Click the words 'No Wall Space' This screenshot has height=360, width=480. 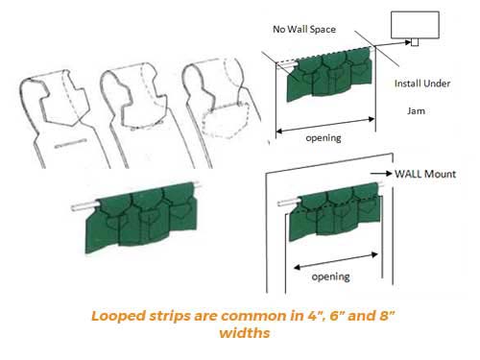(304, 29)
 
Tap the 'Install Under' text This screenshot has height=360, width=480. (422, 84)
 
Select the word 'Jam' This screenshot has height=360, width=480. (416, 111)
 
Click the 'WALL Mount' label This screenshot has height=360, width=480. (425, 174)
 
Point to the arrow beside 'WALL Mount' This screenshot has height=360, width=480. (381, 174)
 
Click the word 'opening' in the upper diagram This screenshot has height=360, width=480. (324, 138)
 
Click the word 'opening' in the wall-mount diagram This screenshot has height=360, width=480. (330, 276)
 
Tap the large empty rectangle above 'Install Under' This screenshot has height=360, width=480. (415, 25)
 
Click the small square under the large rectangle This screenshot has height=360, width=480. (415, 42)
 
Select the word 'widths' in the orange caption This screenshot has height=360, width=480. (245, 333)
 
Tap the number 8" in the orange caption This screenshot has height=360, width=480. (388, 315)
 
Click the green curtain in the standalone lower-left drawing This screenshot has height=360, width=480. (141, 217)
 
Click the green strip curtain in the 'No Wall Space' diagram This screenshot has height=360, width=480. (329, 74)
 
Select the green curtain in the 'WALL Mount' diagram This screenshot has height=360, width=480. (335, 211)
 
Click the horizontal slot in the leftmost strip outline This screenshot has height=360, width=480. (71, 143)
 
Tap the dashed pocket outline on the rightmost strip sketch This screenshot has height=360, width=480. (226, 121)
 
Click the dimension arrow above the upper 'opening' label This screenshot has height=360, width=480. (325, 125)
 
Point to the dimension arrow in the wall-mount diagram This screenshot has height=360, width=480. (336, 261)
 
